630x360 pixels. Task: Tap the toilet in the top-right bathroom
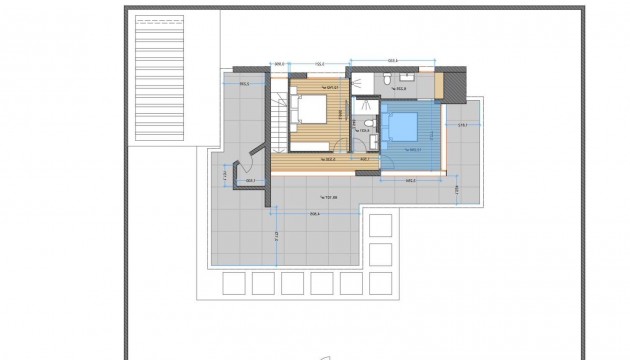click(385, 78)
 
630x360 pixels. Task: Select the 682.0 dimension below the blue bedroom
click(410, 181)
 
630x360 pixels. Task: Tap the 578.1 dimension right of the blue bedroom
click(462, 125)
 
